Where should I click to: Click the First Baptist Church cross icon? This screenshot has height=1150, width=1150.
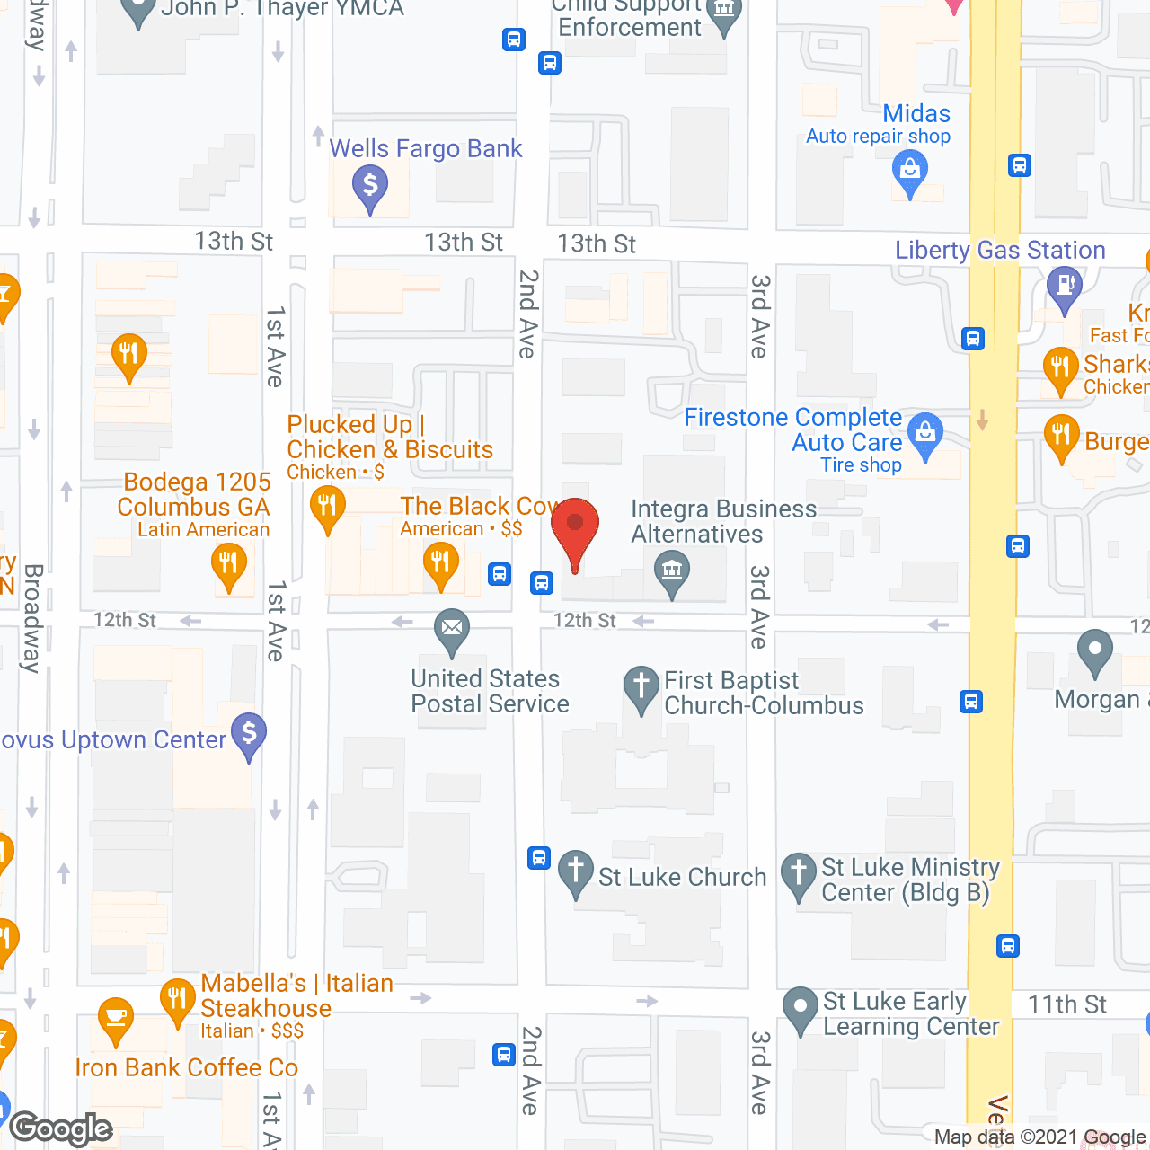click(x=641, y=686)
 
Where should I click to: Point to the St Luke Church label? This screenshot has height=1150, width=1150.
click(x=682, y=877)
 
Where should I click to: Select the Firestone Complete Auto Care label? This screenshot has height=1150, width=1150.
click(x=793, y=430)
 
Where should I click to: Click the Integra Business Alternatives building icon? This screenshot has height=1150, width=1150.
click(x=671, y=571)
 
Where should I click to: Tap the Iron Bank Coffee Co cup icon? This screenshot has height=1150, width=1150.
click(x=116, y=1018)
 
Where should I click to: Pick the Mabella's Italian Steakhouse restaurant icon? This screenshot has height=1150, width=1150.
click(x=178, y=999)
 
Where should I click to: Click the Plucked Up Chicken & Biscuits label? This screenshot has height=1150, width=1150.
click(x=390, y=438)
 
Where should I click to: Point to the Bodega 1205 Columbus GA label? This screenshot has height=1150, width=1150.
click(x=194, y=495)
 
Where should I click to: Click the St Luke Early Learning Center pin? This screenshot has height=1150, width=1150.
click(x=799, y=1008)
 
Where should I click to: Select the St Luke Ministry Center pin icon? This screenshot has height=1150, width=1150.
click(x=798, y=873)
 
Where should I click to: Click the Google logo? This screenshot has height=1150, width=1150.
click(x=61, y=1128)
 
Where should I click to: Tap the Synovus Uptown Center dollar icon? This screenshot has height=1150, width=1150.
click(x=249, y=734)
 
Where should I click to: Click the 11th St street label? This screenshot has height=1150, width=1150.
click(x=1067, y=1004)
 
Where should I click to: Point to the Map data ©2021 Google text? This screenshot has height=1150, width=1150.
click(x=1040, y=1137)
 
